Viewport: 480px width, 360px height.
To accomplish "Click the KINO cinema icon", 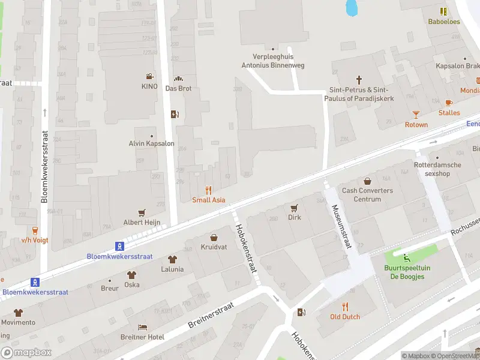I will click(x=149, y=76).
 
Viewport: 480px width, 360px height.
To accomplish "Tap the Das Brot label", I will click(x=178, y=88).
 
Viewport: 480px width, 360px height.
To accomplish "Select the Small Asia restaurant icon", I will click(x=209, y=190).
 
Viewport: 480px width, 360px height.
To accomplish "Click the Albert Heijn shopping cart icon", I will click(x=142, y=212).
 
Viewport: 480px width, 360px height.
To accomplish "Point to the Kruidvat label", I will click(x=214, y=247).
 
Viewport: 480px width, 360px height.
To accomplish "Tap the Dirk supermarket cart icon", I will click(x=294, y=208).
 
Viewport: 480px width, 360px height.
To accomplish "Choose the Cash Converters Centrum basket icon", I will click(x=367, y=181).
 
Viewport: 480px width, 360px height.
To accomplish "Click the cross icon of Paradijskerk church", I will click(x=359, y=79).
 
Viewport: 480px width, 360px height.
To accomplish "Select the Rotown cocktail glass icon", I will click(x=416, y=114).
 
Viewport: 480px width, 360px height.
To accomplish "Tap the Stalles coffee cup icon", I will click(x=449, y=103).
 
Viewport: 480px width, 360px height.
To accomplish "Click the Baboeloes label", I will click(x=443, y=22).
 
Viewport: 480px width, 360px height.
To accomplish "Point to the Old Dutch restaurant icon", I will click(x=345, y=306).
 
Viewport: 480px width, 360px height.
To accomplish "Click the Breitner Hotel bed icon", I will click(x=142, y=327).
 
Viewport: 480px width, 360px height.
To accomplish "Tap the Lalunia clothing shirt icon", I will click(x=172, y=259).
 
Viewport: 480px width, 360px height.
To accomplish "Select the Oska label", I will click(x=131, y=284).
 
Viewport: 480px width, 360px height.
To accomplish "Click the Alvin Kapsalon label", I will click(x=151, y=143).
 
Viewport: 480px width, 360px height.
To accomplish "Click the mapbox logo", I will click(x=26, y=352).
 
